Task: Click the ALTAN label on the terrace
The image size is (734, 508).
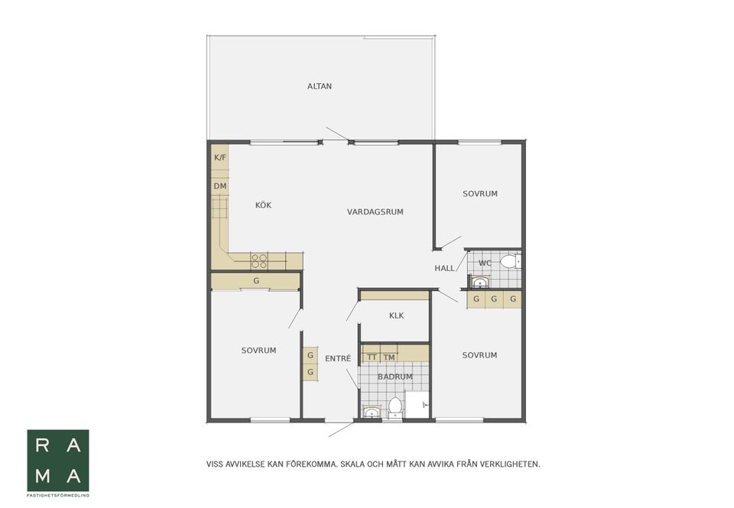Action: coord(320,86)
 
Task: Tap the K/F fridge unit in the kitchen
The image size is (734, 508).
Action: coord(220,157)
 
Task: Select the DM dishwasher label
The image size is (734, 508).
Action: coord(220,186)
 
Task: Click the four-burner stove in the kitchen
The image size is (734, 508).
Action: coord(259,261)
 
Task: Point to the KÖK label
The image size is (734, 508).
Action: coord(263,205)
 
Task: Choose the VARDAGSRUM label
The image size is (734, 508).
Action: coord(375,212)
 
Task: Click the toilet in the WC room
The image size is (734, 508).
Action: coord(509,261)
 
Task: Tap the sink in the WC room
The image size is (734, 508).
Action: coord(480,282)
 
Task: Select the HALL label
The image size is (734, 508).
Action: coord(444,268)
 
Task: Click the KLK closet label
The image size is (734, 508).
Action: coord(397,315)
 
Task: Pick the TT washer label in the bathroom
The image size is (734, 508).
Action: coord(372,358)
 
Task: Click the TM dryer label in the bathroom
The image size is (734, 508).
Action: coord(389,358)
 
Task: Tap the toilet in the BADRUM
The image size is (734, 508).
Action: coord(395,406)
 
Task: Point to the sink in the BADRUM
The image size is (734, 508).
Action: coord(372,412)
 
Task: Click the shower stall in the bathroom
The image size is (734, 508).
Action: coord(418,405)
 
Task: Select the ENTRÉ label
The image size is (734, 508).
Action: coord(338,359)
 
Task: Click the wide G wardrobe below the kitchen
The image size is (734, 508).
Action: coord(255,281)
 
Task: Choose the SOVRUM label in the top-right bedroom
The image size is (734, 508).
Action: coord(480,194)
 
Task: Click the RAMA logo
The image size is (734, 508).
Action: coord(58,461)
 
